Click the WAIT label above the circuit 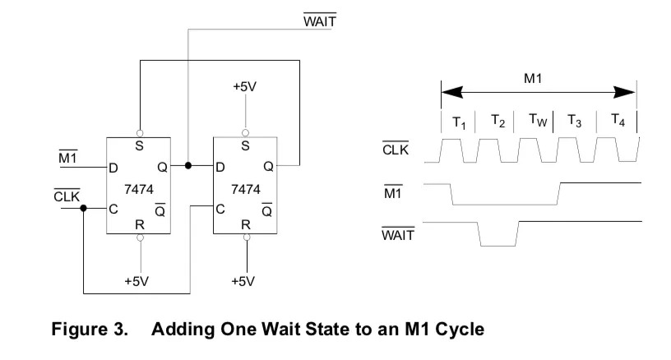(320, 21)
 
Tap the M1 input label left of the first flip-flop (67, 157)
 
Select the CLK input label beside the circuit (67, 196)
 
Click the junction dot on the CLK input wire (83, 208)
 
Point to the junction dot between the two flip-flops (187, 165)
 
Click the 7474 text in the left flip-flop (139, 189)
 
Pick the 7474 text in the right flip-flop (246, 189)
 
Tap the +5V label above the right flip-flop (244, 87)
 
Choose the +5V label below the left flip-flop (137, 281)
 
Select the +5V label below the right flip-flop (243, 281)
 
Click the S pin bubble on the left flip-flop (140, 133)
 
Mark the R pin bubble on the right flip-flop (247, 238)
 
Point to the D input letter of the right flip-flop (220, 167)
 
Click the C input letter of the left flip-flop (113, 209)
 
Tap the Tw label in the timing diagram (538, 120)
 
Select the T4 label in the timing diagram (618, 120)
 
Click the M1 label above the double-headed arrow (533, 78)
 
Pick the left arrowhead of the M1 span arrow (452, 92)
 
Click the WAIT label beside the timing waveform (398, 235)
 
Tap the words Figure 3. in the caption (90, 330)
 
